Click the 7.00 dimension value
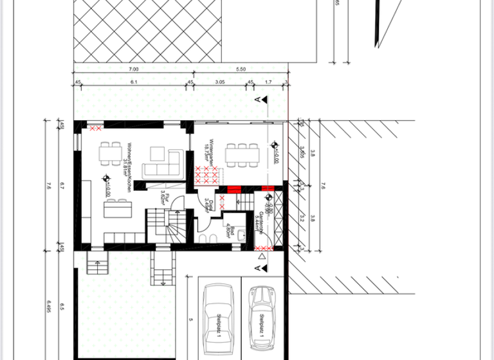click(133, 68)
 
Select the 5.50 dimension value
click(241, 68)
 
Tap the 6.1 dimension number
click(133, 82)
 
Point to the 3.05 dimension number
click(219, 82)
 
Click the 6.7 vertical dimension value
click(62, 186)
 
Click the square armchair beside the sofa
click(158, 154)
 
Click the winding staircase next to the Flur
click(170, 229)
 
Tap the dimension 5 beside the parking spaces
click(190, 318)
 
